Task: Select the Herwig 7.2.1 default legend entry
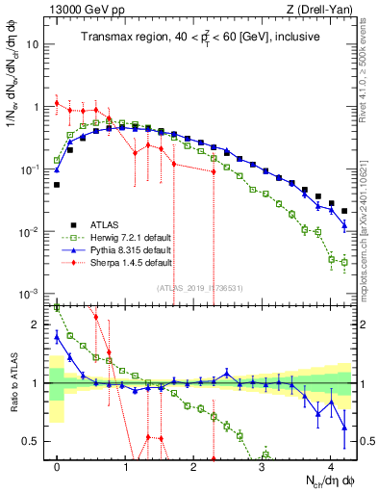[118, 237]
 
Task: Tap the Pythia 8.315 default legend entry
[117, 249]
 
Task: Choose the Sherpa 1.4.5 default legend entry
[118, 262]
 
